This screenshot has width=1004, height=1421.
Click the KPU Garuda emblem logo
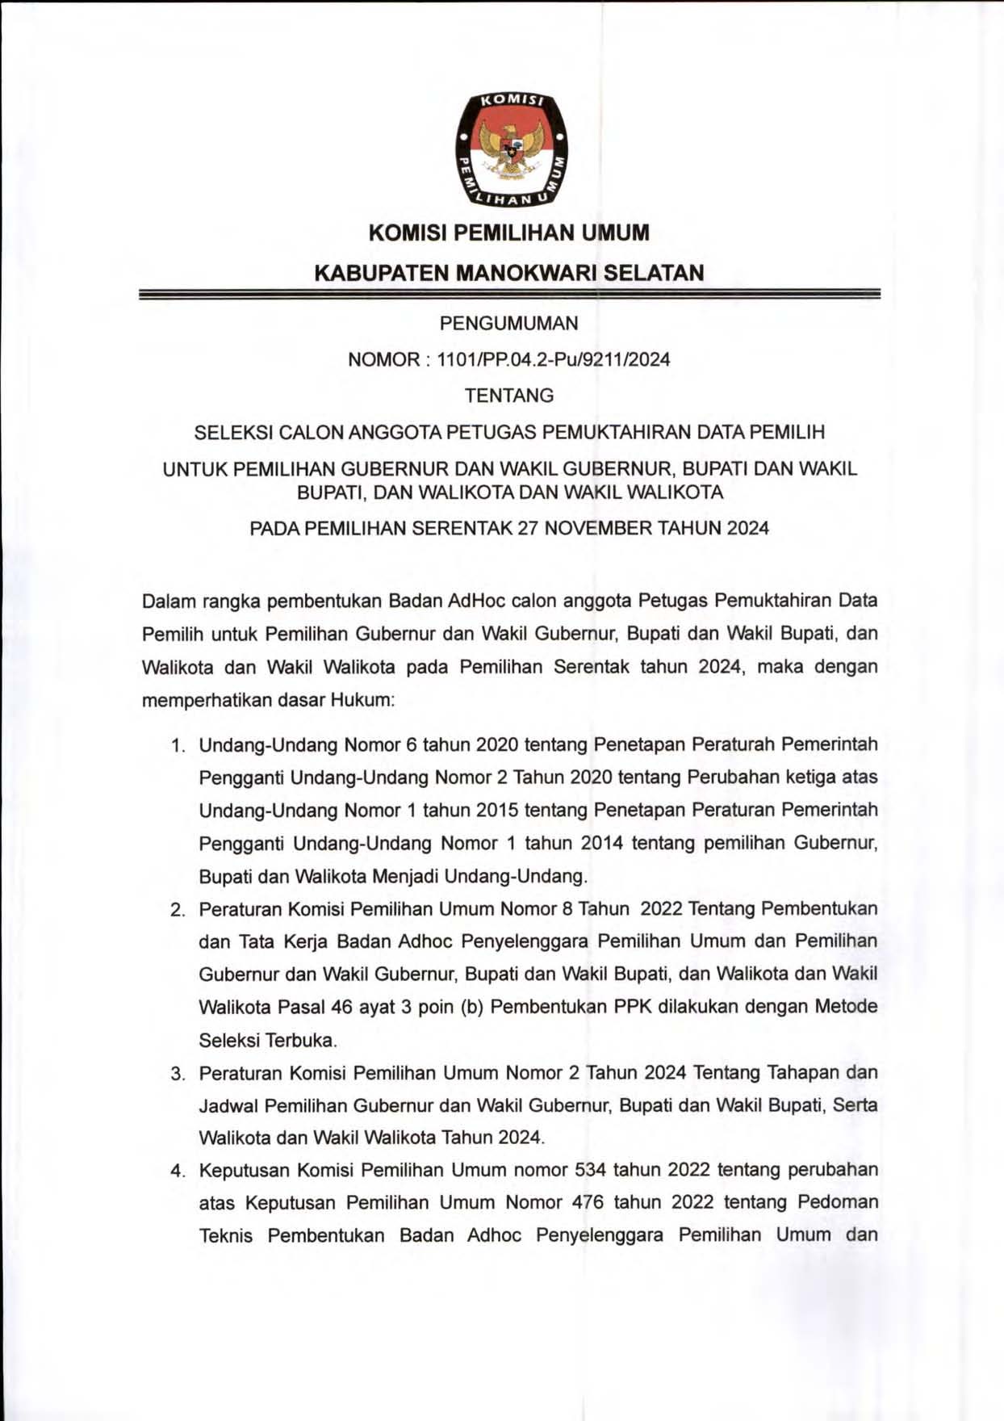click(510, 148)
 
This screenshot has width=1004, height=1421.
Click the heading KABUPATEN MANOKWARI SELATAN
click(508, 273)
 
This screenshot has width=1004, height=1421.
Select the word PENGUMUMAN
click(508, 324)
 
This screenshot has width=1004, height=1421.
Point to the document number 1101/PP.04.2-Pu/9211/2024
click(553, 360)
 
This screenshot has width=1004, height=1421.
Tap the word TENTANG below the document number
click(508, 396)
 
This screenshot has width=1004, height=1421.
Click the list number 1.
click(178, 745)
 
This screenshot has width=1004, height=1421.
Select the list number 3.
click(177, 1074)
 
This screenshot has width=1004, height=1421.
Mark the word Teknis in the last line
click(225, 1236)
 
